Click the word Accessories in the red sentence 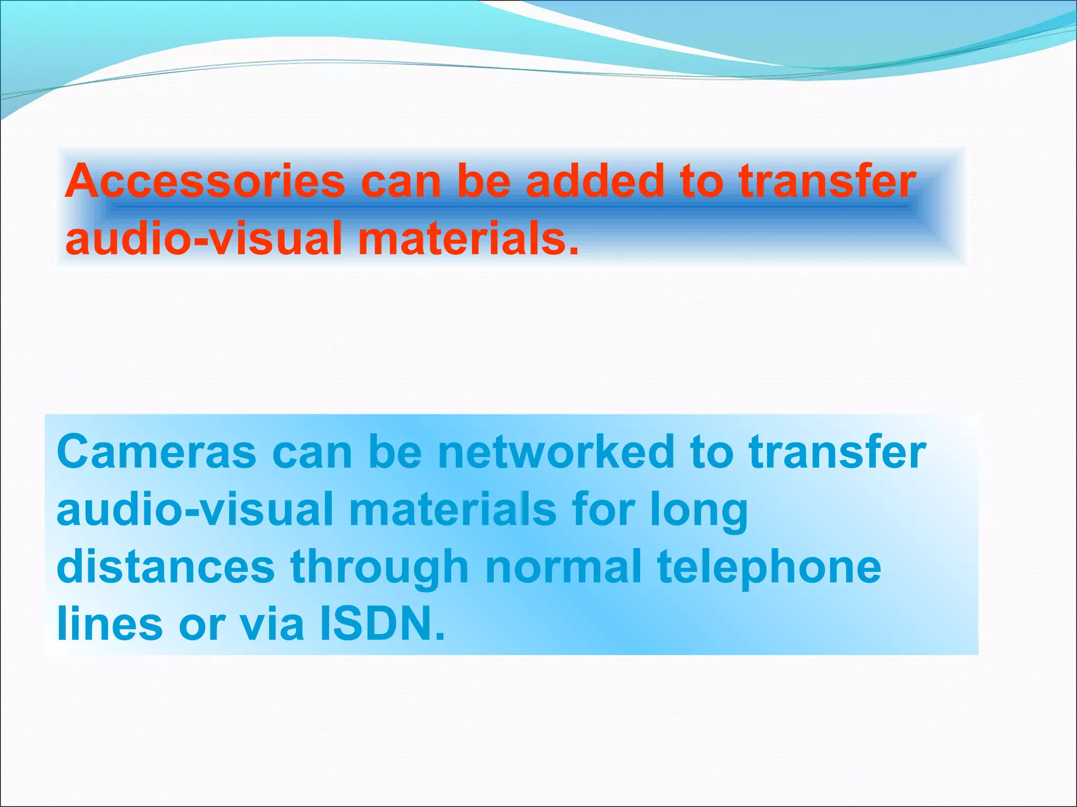(x=205, y=181)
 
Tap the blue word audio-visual (x=195, y=510)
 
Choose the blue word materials (x=452, y=510)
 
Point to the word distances (x=166, y=567)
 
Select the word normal (x=563, y=567)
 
